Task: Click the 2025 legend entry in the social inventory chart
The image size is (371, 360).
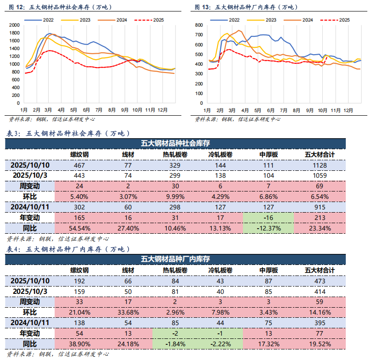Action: point(152,20)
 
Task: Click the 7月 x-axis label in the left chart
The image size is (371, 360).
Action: point(98,111)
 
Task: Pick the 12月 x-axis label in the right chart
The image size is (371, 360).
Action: point(349,111)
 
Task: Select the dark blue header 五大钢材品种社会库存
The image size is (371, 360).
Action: point(185,143)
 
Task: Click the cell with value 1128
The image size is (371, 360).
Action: point(320,165)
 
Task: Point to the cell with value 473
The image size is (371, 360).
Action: point(320,281)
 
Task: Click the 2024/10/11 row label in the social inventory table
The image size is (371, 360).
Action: point(30,207)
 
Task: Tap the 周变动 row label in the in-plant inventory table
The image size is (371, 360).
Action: point(30,302)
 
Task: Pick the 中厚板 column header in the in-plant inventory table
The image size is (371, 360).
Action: point(269,270)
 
